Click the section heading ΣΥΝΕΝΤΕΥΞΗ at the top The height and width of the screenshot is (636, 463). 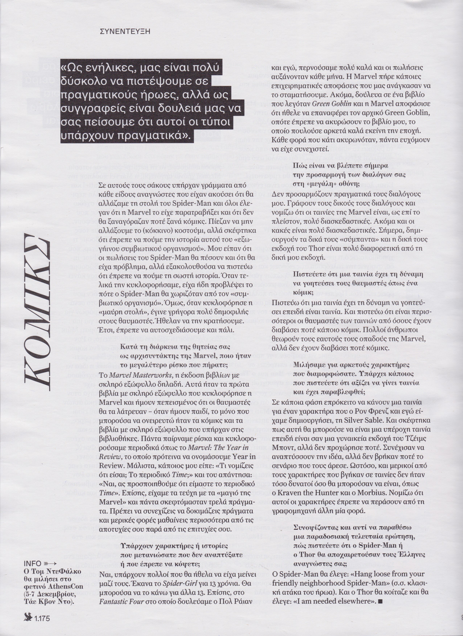[x=125, y=31]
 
